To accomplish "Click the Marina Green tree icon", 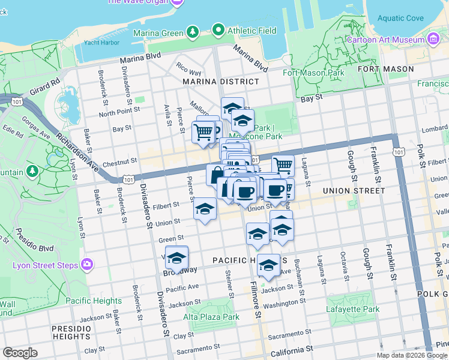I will [x=192, y=31].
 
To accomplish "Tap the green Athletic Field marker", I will [x=218, y=31].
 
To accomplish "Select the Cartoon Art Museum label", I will [x=385, y=40].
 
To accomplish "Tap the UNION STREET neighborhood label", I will [x=353, y=191].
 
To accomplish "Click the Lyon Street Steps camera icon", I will [x=88, y=264].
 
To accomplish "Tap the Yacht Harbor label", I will [x=100, y=43].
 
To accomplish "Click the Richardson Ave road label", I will [x=79, y=146].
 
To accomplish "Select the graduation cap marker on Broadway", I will [x=176, y=257].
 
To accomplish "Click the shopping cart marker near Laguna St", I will [x=283, y=164].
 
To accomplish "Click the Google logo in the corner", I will [x=20, y=353].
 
